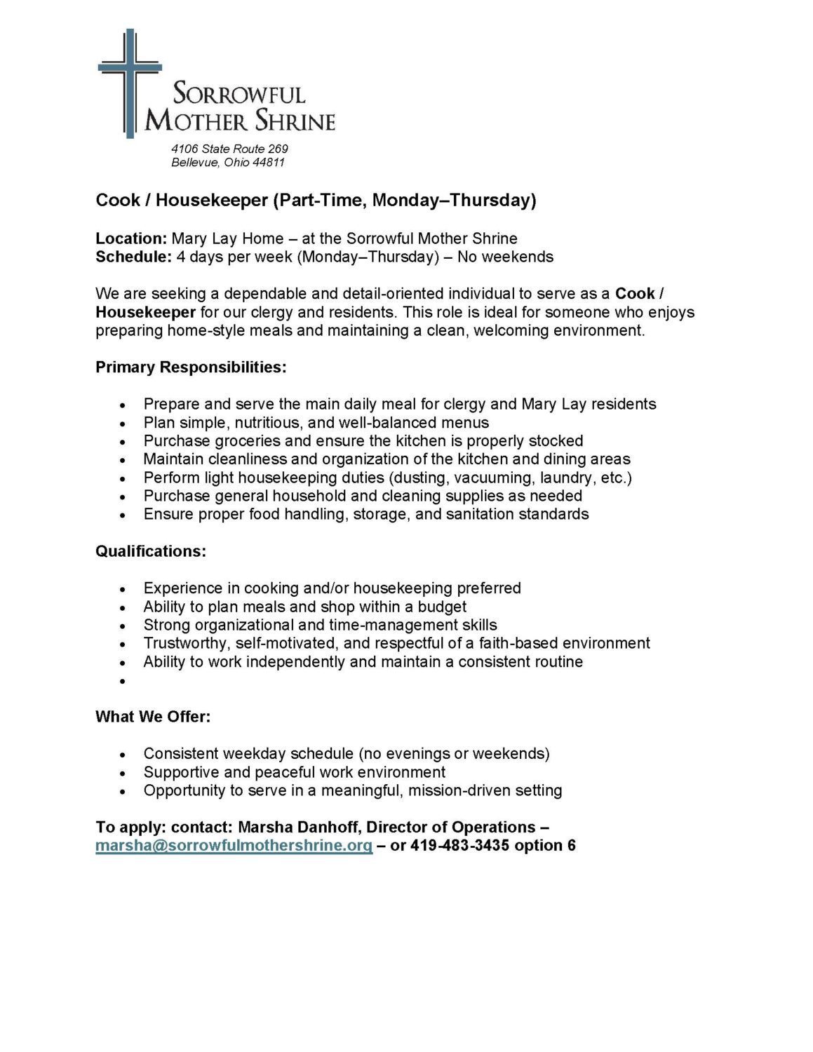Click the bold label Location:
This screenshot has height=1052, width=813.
[x=131, y=238]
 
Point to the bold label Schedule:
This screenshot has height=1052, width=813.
[x=133, y=257]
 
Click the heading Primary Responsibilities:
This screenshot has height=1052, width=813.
[x=191, y=367]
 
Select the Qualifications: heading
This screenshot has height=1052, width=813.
[x=151, y=551]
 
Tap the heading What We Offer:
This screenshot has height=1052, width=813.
[x=153, y=717]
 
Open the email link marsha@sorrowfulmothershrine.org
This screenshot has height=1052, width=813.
[x=234, y=845]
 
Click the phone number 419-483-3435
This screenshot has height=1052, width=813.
[x=459, y=845]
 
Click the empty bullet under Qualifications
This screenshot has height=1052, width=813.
[x=123, y=681]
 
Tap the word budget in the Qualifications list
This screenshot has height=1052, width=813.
[x=443, y=607]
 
